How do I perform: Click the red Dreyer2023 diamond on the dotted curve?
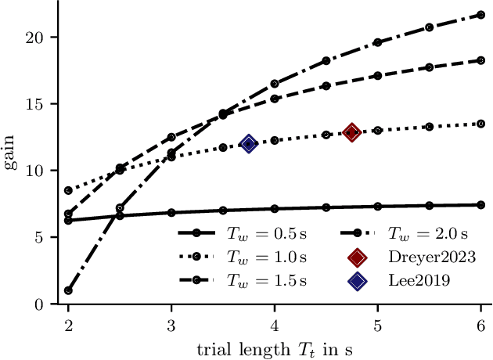click(x=351, y=132)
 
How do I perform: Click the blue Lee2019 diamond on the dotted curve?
click(x=249, y=144)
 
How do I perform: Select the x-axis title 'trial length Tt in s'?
click(x=275, y=346)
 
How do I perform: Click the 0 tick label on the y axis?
click(x=48, y=304)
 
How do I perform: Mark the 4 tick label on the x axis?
click(x=275, y=323)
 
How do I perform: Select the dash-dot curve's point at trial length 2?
click(x=69, y=290)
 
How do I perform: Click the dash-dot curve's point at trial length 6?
click(x=480, y=15)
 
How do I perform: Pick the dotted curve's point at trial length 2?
click(x=69, y=190)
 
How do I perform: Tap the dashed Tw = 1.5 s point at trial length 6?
click(x=480, y=60)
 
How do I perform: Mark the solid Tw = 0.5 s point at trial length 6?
click(x=480, y=205)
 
